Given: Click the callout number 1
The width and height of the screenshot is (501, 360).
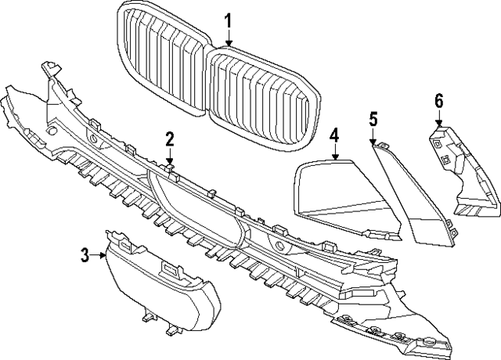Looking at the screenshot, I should pos(229,20).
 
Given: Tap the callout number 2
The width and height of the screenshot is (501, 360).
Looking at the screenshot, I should pos(169,139).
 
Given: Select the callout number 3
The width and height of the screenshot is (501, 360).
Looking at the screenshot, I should pos(85,254).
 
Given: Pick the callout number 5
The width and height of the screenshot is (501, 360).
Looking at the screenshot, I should pos(373,118).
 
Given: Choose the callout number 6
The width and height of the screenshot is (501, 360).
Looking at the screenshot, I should pos(438,99).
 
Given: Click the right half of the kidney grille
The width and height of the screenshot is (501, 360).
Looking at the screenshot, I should pos(262,94).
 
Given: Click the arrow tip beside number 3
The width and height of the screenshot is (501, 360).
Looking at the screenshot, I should pos(106,254).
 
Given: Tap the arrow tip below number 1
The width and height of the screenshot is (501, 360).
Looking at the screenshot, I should pos(229,45).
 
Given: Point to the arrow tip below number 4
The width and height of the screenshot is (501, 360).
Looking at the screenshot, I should pos(333,159).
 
